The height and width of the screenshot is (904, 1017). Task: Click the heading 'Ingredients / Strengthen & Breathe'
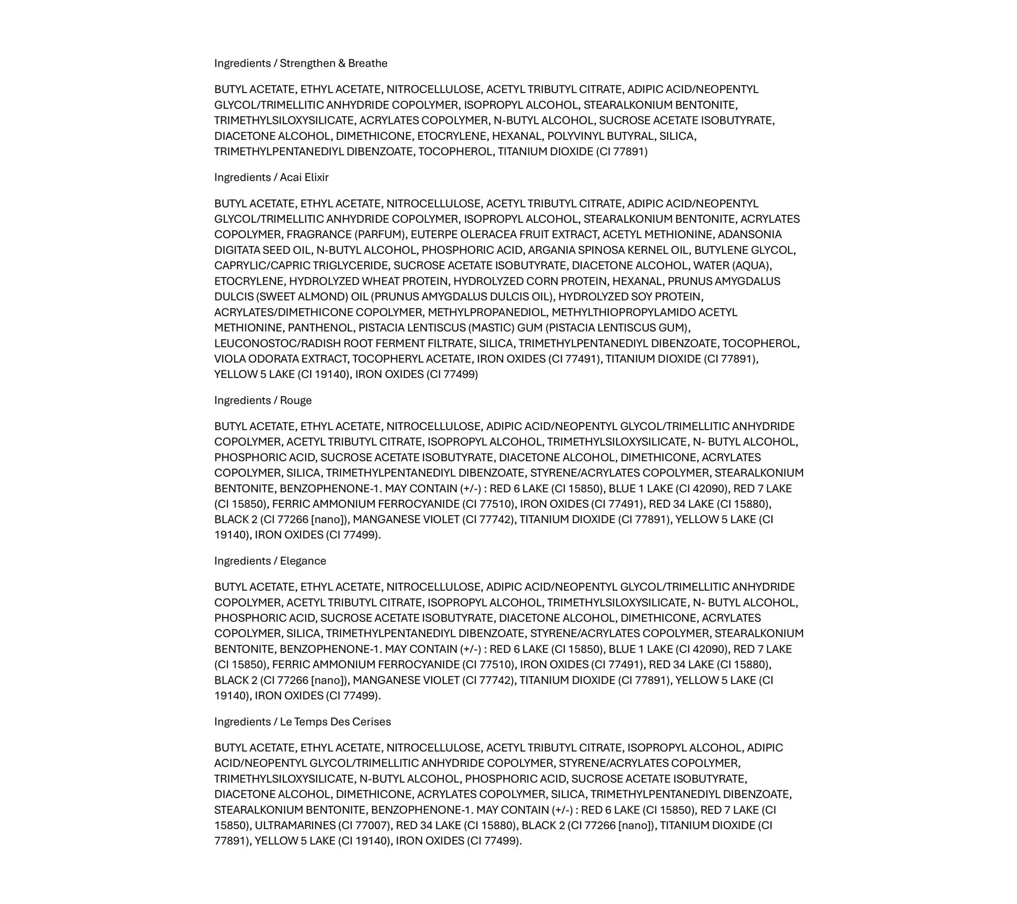pyautogui.click(x=301, y=64)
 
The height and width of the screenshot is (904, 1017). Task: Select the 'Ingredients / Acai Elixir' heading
pyautogui.click(x=271, y=177)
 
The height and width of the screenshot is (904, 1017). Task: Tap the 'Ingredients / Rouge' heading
pyautogui.click(x=262, y=401)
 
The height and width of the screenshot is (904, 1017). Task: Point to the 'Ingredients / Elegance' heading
pyautogui.click(x=270, y=561)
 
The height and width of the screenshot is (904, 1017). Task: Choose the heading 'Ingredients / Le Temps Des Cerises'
pyautogui.click(x=302, y=722)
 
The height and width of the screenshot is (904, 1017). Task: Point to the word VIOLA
pyautogui.click(x=230, y=359)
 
